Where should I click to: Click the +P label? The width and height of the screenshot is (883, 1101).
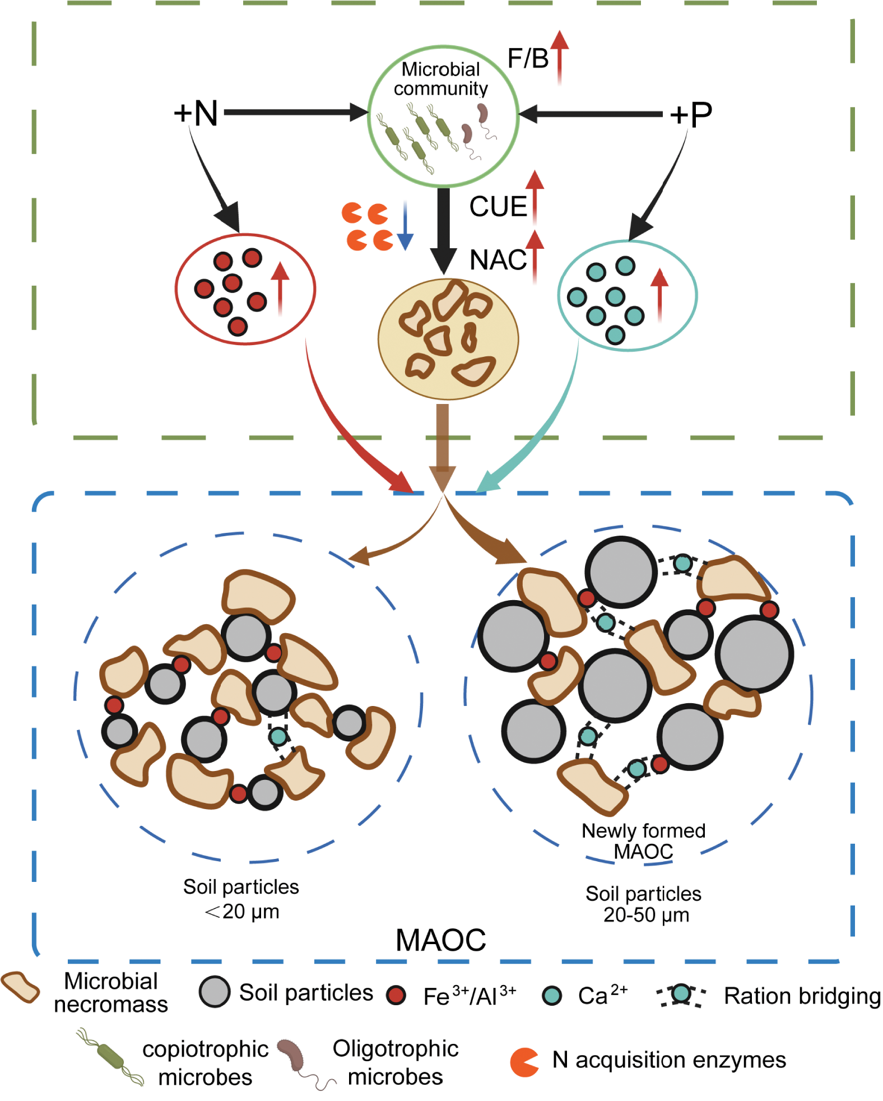pos(691,114)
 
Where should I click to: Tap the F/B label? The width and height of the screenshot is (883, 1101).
pos(527,58)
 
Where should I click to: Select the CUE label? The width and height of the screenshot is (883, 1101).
pos(498,206)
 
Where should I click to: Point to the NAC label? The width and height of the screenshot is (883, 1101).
pos(498,260)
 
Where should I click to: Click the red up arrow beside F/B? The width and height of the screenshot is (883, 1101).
pos(559,56)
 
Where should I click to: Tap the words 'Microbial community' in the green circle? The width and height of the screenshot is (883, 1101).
pos(441,79)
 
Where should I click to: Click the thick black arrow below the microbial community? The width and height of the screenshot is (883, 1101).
pos(444,230)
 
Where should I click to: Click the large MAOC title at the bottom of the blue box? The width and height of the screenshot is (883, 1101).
pos(441,940)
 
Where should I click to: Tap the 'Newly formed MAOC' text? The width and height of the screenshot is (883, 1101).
pos(643,841)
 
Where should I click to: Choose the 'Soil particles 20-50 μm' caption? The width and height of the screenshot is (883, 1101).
pos(644,904)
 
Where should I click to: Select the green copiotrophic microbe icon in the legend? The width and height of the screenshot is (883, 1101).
pos(111,1056)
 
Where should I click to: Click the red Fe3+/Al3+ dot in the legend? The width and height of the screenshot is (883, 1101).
pos(396,995)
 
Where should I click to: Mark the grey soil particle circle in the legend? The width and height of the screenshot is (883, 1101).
pos(215,992)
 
